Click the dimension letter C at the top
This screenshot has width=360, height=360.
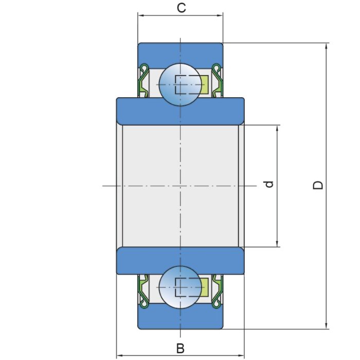[x=181, y=8]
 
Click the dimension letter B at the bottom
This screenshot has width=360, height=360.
[x=180, y=348]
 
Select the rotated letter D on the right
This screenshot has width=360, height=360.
[x=319, y=185]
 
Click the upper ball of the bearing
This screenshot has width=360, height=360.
[x=180, y=84]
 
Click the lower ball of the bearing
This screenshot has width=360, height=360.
[x=180, y=286]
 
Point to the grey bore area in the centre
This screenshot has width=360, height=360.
[x=180, y=185]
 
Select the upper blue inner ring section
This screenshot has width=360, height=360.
[x=180, y=110]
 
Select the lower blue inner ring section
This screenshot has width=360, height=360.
[x=180, y=260]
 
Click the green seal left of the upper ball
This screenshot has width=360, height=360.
[x=143, y=81]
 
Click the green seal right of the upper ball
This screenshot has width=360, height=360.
[x=218, y=81]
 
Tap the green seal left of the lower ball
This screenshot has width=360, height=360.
[x=143, y=289]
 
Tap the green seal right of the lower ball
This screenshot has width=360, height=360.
[x=218, y=289]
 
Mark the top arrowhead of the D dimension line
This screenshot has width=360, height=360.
[x=326, y=46]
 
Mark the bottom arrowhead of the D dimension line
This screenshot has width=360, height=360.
[x=326, y=325]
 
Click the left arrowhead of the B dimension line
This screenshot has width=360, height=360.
[x=119, y=355]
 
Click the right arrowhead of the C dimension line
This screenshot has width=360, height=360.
[x=220, y=15]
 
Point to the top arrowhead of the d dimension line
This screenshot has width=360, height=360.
[x=277, y=128]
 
